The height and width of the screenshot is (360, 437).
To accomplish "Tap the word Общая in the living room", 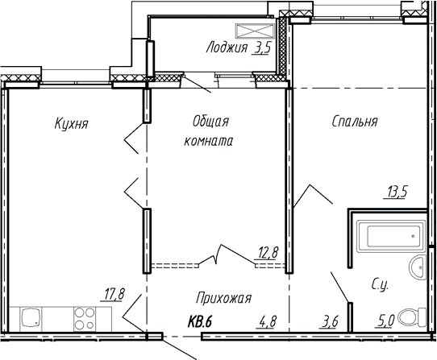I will point(212,122).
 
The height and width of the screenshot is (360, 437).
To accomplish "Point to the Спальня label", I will point(354,122).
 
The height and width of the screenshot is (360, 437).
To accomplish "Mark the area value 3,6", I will point(328,323).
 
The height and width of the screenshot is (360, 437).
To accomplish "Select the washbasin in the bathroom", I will point(416,267).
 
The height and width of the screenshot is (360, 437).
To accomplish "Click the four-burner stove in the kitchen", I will point(83,316).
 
